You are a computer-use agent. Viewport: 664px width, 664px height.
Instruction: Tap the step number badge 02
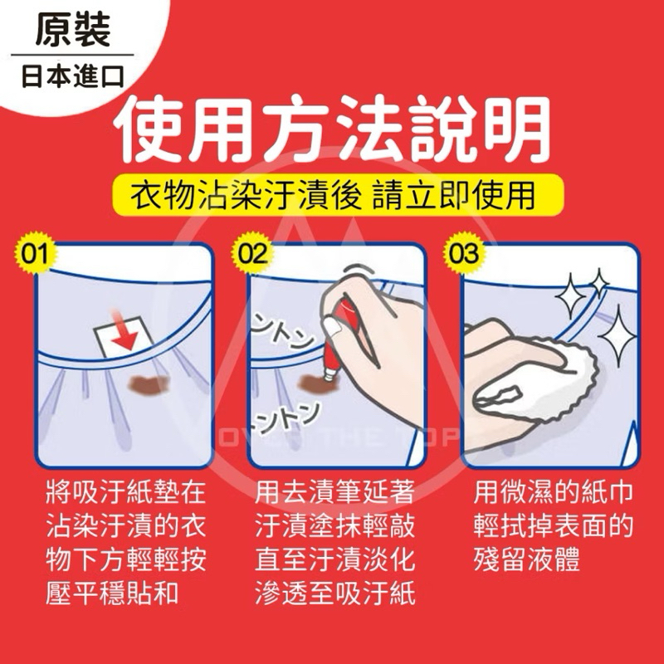pos(252,254)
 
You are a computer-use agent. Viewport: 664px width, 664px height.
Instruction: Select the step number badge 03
pos(463,254)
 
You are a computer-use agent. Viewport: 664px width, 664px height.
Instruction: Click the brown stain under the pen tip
pos(315,384)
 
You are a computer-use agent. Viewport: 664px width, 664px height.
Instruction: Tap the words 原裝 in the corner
pos(73,30)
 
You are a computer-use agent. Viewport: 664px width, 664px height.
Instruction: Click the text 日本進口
pos(73,76)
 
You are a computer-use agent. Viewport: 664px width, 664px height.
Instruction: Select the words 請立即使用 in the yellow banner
pos(453,196)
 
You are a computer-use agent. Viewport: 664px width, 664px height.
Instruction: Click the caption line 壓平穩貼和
pos(112,593)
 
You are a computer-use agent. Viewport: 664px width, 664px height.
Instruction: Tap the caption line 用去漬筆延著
pos(334,492)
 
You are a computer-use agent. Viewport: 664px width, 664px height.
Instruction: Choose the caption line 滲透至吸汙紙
pos(334,593)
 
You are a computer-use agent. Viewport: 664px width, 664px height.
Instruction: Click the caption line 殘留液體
pos(526,559)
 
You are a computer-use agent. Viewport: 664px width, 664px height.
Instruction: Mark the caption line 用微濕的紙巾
pos(553,492)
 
